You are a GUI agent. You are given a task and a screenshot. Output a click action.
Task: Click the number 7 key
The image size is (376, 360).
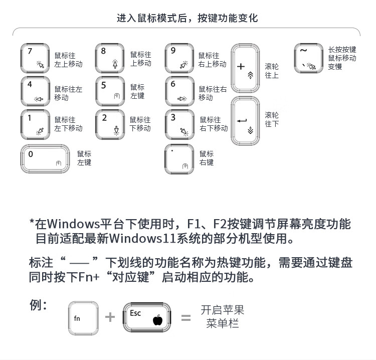36,58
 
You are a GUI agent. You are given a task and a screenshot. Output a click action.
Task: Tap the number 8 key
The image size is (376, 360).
110,58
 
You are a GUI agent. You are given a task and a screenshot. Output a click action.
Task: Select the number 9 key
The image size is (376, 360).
179,58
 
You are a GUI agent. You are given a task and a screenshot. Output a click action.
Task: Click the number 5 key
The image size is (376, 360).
110,91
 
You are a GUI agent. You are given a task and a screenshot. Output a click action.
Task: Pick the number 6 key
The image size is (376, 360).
179,91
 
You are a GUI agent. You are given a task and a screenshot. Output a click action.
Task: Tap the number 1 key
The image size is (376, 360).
36,124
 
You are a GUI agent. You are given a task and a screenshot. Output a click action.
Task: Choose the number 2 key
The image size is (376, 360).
110,124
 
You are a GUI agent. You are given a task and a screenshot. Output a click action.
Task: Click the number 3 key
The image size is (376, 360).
179,124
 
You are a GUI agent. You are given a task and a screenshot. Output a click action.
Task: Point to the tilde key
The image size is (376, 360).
308,58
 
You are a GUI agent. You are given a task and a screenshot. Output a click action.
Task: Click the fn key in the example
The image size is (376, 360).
83,318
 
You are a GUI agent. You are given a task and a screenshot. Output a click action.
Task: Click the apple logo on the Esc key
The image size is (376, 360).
159,320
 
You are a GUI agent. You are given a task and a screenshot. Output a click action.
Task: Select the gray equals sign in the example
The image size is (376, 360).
186,317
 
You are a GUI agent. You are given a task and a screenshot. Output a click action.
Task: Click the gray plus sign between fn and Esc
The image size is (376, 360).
110,317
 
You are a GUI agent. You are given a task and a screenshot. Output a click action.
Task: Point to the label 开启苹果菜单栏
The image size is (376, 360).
222,317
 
